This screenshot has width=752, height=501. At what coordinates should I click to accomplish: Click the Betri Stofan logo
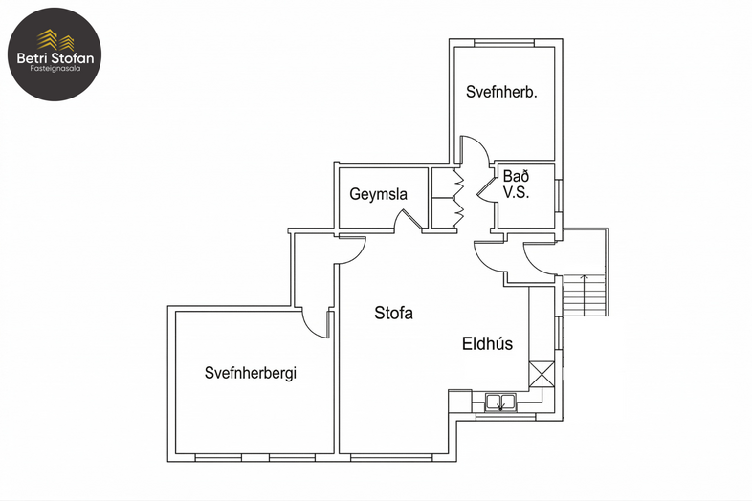click(x=55, y=54)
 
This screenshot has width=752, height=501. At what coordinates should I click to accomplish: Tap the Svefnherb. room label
click(x=501, y=92)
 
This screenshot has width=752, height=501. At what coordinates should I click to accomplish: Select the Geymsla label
click(x=379, y=194)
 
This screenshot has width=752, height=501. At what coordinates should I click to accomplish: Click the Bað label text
click(x=516, y=176)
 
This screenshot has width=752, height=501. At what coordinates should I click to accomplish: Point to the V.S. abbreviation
click(x=516, y=192)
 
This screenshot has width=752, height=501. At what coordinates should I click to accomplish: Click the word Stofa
click(x=393, y=313)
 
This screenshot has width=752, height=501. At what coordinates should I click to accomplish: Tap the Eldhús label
click(x=487, y=344)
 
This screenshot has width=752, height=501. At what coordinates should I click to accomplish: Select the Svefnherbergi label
click(x=251, y=373)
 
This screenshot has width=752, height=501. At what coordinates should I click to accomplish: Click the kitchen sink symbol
click(x=500, y=403)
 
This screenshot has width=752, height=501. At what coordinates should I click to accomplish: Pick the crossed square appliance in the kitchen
click(x=542, y=375)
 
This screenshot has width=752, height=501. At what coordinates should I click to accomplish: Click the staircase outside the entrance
click(x=585, y=295)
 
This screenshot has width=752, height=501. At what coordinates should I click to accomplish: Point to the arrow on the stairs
click(x=585, y=295)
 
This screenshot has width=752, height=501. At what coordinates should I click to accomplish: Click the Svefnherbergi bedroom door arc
click(x=316, y=323)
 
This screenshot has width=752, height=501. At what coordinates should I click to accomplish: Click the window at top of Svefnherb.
click(x=504, y=44)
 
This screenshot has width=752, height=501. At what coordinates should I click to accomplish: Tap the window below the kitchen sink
click(x=505, y=418)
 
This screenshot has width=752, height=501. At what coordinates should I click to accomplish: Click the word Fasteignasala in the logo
click(x=55, y=69)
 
